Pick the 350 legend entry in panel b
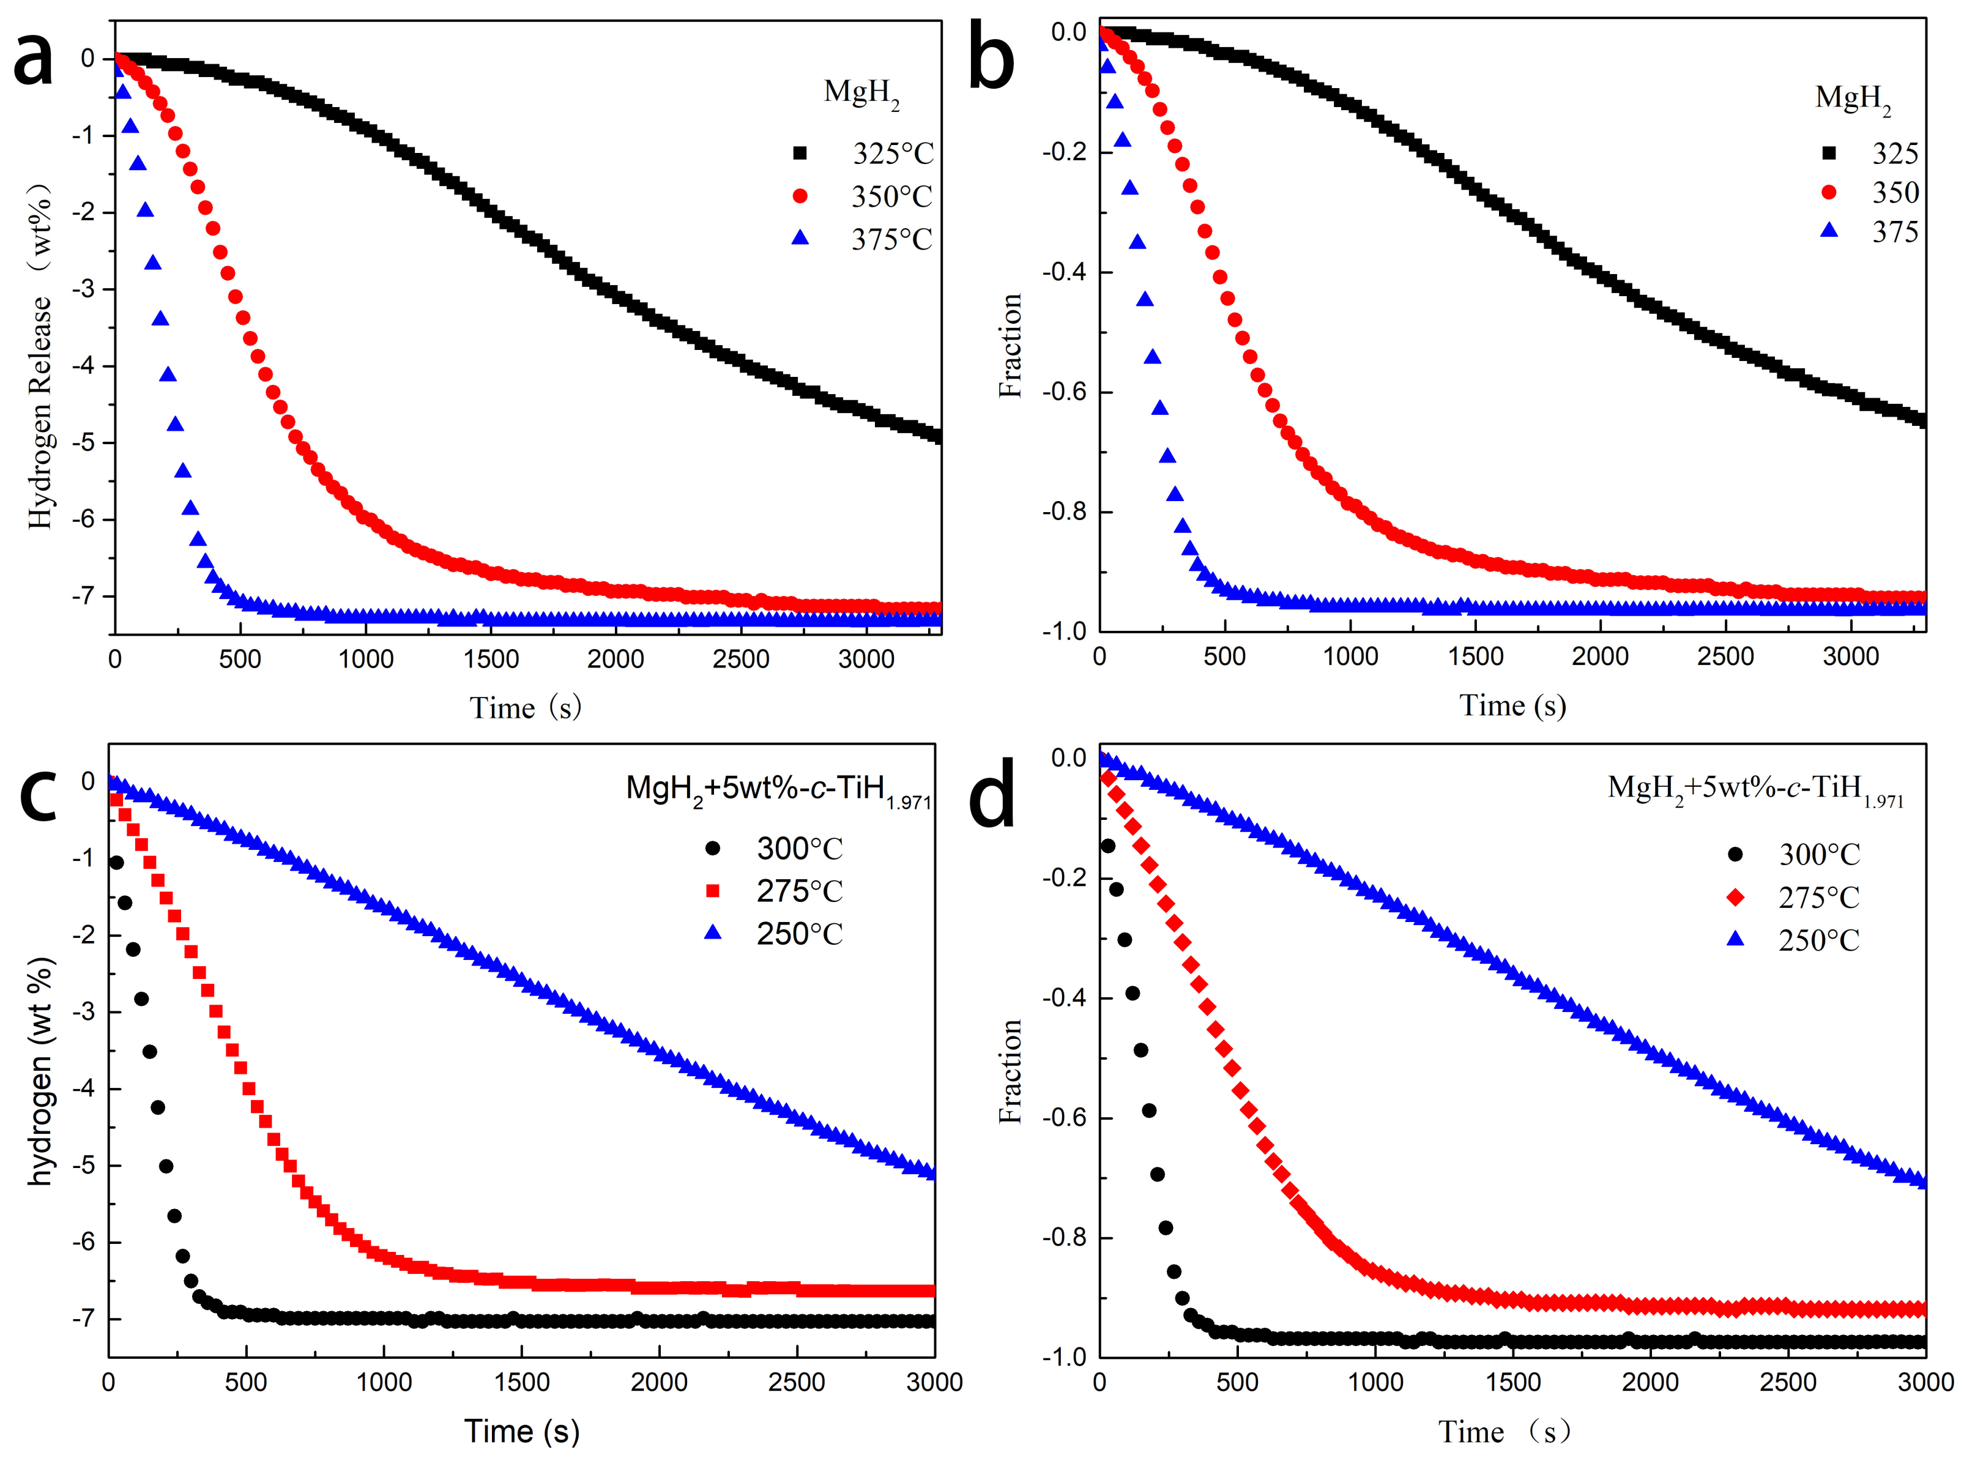click(x=1895, y=193)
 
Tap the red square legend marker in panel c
click(x=712, y=891)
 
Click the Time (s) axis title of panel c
click(x=522, y=1431)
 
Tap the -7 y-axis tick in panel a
click(x=87, y=595)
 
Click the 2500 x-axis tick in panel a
click(x=741, y=660)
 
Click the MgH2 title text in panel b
click(x=1853, y=98)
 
